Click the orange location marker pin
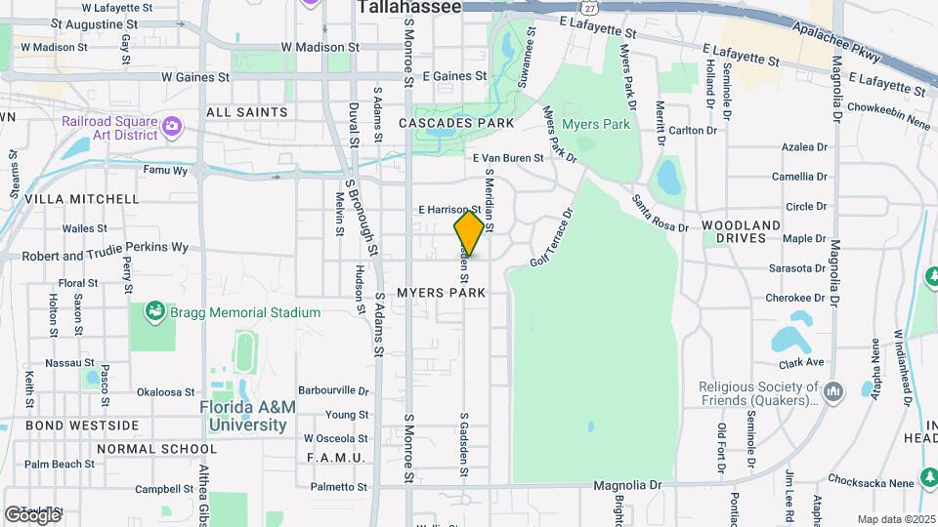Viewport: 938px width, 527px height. coord(469,232)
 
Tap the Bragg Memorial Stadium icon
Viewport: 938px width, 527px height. coord(153,312)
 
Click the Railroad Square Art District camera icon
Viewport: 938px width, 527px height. coord(173,126)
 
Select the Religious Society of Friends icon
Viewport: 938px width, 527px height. coord(833,392)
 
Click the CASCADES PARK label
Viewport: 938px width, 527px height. coord(456,124)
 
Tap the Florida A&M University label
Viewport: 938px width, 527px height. coord(243,416)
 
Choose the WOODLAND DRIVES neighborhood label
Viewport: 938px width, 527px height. coord(742,231)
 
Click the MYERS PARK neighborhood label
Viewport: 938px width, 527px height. coord(442,293)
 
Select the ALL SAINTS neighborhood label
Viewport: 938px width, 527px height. coord(247,112)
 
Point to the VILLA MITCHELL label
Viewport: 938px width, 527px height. coord(82,198)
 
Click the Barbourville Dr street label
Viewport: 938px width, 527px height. coord(334,390)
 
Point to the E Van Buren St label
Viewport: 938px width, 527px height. coord(508,158)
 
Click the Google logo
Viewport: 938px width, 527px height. coord(31,515)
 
